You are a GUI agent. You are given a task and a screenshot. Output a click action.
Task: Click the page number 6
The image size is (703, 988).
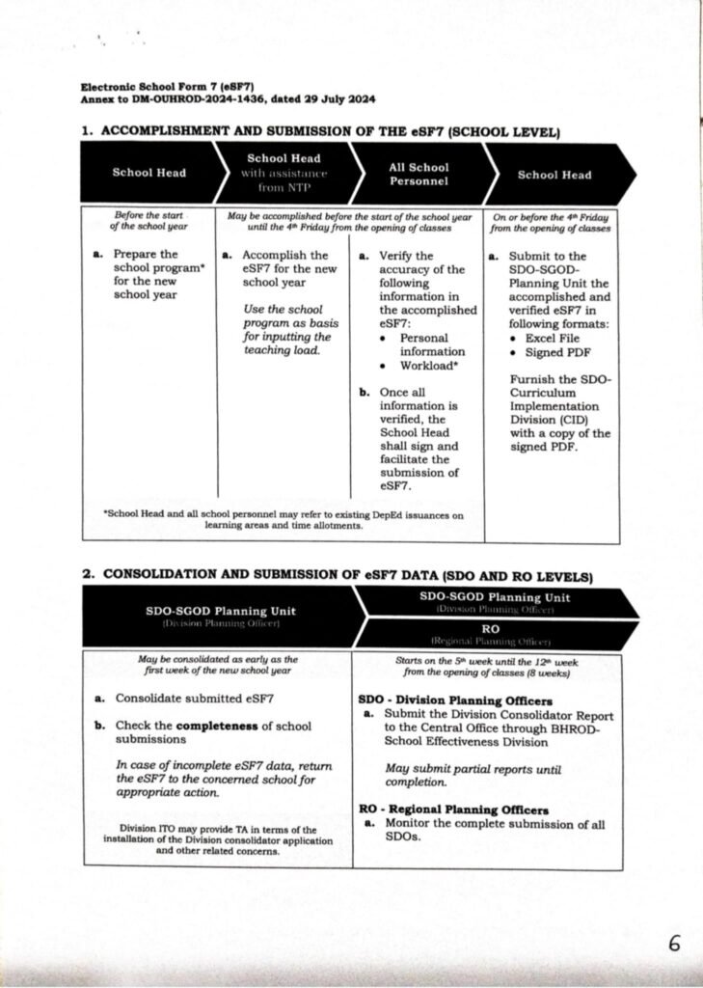click(674, 944)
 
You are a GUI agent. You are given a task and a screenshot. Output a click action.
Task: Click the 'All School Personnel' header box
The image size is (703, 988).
click(418, 175)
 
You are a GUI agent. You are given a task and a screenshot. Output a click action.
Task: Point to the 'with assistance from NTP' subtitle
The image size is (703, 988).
click(284, 179)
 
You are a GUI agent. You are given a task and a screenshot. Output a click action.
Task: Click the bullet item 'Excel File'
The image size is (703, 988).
click(554, 339)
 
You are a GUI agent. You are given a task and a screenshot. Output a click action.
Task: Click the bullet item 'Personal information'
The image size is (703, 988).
click(432, 345)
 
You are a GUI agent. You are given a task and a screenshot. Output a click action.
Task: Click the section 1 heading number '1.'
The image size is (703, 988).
click(87, 129)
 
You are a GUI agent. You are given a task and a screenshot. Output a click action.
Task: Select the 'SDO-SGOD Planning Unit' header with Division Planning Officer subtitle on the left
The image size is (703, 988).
click(220, 616)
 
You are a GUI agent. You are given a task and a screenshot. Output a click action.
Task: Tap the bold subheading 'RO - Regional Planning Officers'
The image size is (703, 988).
click(453, 810)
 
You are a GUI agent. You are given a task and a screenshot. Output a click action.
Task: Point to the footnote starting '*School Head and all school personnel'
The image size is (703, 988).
click(283, 521)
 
